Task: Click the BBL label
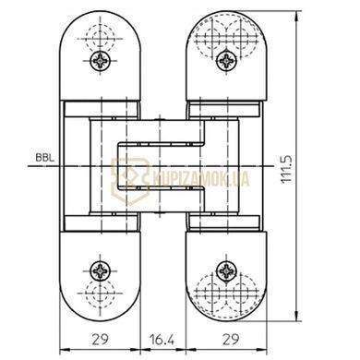pos(44,158)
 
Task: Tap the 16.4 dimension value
pos(162,340)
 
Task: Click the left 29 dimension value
pos(101,340)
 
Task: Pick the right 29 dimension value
pos(231,340)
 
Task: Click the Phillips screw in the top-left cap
pos(101,61)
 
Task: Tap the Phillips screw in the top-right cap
pos(227,61)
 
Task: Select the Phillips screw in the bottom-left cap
pos(101,271)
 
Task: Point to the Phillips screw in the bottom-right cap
pos(227,271)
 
